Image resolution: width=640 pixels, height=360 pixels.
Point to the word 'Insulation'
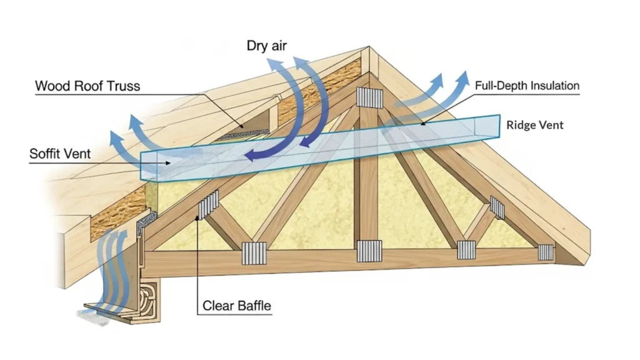pyautogui.click(x=553, y=85)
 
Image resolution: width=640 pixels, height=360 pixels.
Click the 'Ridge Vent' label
pyautogui.click(x=534, y=125)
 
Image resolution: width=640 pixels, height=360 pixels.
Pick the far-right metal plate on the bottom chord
pyautogui.click(x=546, y=252)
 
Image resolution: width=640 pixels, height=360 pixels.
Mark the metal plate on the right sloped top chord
pyautogui.click(x=497, y=207)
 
